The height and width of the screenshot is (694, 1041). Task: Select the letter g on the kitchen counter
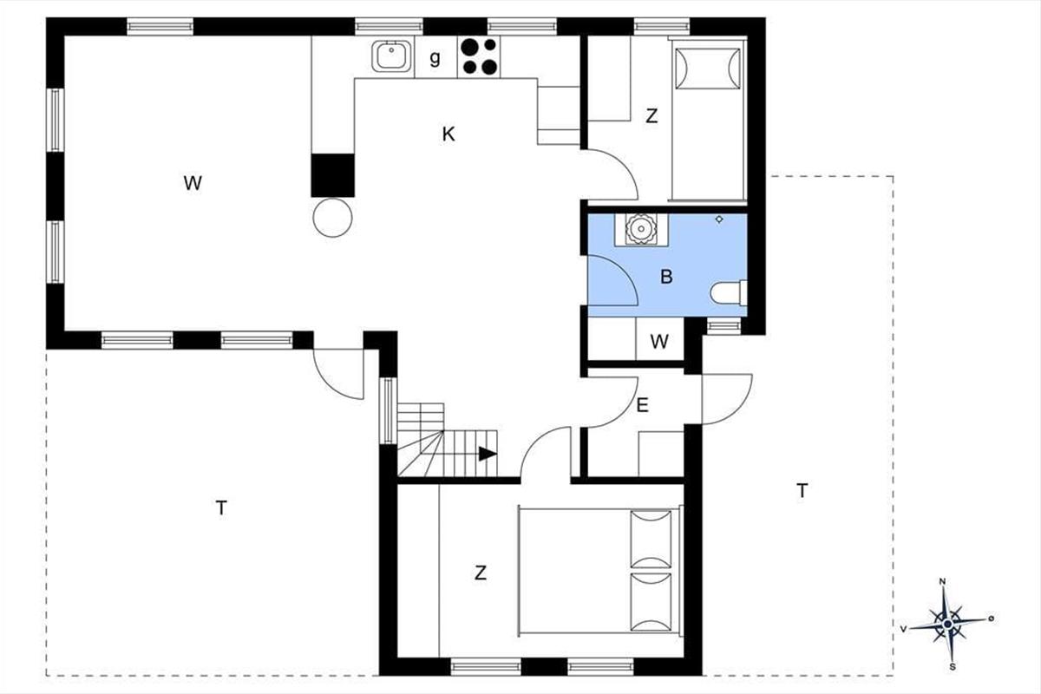tap(435, 59)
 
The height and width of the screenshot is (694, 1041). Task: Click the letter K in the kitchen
tap(448, 134)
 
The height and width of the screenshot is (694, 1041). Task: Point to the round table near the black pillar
tap(332, 217)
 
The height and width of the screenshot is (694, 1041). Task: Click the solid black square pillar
tap(333, 174)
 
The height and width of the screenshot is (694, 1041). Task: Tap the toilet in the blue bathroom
tap(728, 294)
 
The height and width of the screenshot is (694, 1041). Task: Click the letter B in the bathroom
tap(666, 278)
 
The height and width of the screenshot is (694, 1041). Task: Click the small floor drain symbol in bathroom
tap(719, 219)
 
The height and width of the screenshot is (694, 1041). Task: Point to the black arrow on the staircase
tap(487, 453)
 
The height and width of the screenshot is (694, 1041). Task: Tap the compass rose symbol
tap(947, 623)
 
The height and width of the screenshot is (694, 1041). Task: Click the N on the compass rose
tap(943, 582)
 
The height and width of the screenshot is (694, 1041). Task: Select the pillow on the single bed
tap(707, 68)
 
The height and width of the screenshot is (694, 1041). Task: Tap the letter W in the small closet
tap(660, 342)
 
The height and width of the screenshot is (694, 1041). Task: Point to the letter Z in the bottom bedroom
tap(480, 573)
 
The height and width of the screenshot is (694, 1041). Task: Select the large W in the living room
tap(193, 183)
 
